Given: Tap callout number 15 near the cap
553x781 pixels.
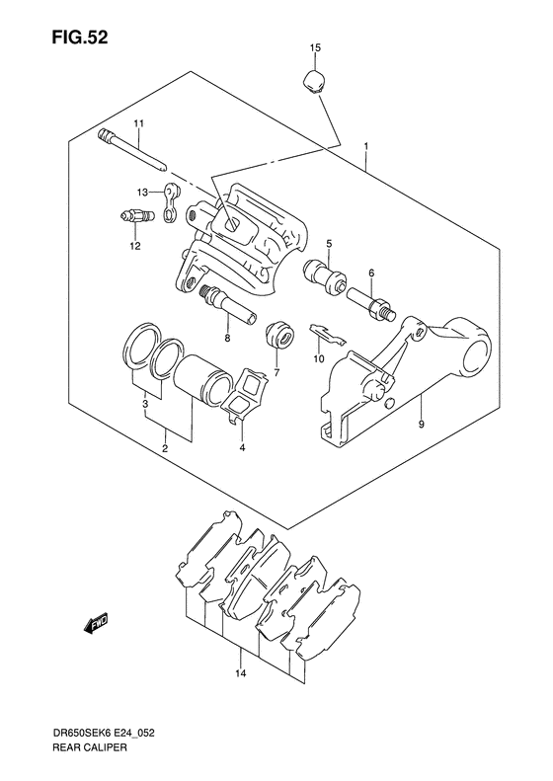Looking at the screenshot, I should (x=316, y=47).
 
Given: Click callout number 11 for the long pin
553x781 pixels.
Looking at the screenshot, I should (x=139, y=122).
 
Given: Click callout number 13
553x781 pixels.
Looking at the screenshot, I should (x=142, y=192).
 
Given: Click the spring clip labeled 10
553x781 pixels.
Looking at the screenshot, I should (x=325, y=334).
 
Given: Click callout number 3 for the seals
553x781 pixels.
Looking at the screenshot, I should (x=145, y=404).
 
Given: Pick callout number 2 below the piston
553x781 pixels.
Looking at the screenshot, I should (x=165, y=449).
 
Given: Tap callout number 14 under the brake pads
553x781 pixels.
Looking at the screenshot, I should (x=240, y=675).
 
